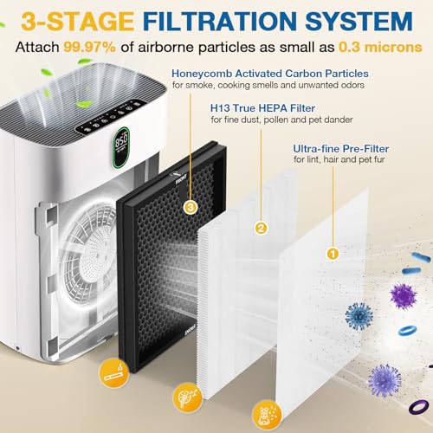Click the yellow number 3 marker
pyautogui.click(x=191, y=208)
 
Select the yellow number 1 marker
pyautogui.click(x=329, y=254)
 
